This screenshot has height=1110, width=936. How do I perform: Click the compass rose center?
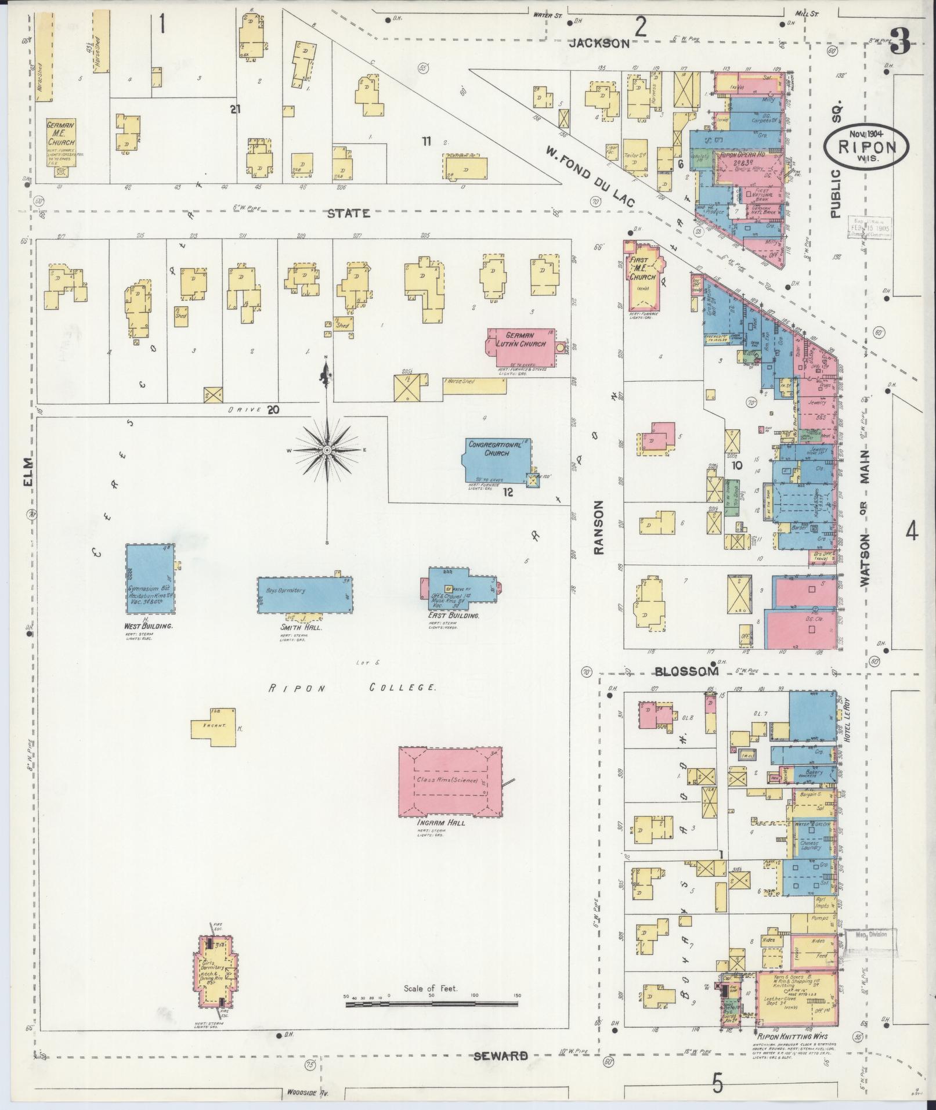[327, 450]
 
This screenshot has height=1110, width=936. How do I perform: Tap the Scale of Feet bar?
[431, 1003]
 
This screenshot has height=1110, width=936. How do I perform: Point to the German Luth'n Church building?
[521, 347]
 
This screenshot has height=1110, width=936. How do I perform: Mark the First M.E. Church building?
[643, 277]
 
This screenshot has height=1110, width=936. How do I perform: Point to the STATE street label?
[348, 213]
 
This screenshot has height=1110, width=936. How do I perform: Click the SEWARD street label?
[501, 1055]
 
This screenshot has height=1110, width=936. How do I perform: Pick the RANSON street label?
[598, 528]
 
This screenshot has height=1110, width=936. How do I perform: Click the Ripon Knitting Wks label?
[792, 1036]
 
